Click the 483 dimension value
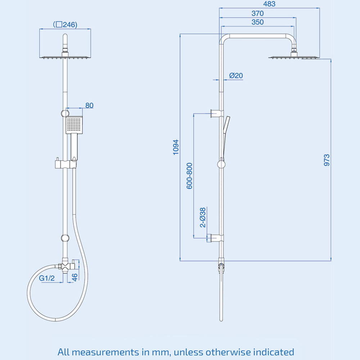269,4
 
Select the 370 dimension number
258,13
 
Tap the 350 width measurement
258,22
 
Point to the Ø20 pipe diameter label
236,76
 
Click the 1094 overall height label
176,147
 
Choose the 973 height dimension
327,159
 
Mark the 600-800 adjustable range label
190,176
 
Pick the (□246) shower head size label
65,24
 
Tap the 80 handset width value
89,105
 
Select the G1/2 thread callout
46,278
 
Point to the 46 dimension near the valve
75,277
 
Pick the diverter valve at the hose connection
66,266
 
